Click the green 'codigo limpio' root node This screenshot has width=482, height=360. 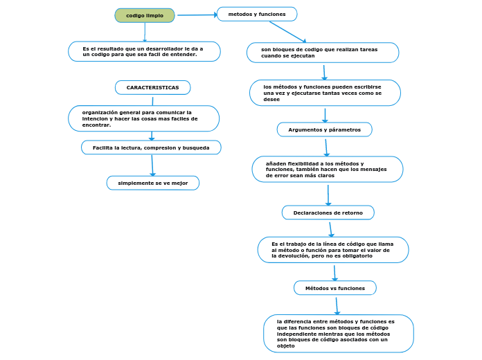145,15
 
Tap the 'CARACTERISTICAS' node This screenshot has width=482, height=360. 152,88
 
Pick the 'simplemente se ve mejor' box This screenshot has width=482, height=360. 153,183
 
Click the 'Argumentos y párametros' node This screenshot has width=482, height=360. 324,129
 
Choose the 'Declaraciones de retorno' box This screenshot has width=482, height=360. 328,213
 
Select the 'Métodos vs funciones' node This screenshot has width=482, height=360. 335,287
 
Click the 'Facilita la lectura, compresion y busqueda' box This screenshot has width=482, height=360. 151,147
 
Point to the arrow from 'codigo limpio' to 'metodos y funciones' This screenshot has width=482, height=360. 197,15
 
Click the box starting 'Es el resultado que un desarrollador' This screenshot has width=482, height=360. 144,51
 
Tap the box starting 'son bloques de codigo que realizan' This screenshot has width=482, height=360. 323,53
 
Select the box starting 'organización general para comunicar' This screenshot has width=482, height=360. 143,118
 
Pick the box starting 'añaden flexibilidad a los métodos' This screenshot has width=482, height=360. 328,170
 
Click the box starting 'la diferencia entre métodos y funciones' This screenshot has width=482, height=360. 339,333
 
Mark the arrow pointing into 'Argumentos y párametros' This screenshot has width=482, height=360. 325,115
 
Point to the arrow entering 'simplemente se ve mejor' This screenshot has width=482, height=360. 152,165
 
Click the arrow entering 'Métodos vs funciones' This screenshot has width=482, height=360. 334,272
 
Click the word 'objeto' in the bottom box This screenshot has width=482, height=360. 286,345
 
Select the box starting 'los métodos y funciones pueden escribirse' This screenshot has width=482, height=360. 325,93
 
